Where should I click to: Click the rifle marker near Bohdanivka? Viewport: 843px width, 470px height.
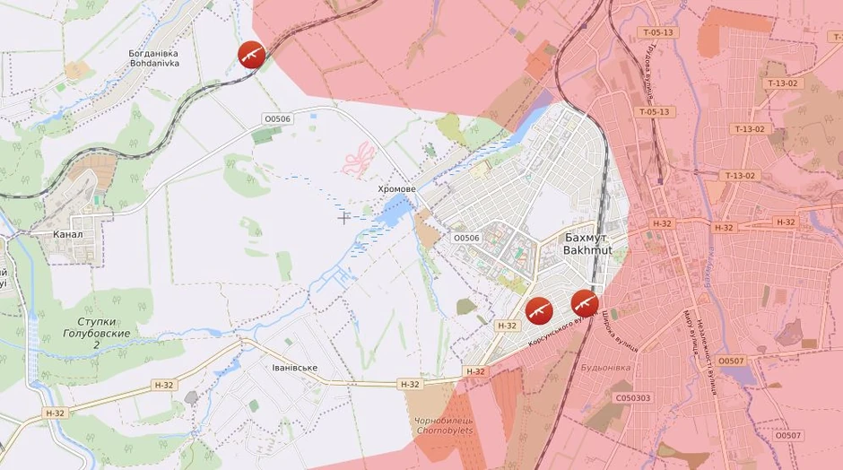251,55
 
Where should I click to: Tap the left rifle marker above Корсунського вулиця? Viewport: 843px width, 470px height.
539,309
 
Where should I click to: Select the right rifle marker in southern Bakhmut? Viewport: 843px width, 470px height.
585,303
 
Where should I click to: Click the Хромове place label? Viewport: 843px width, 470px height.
396,189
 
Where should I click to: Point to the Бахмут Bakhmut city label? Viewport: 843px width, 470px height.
588,244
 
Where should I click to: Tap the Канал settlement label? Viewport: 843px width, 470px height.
68,234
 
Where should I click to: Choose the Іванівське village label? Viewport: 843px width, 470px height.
294,368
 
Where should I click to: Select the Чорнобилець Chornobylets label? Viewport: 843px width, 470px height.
444,425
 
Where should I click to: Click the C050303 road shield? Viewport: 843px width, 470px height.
633,397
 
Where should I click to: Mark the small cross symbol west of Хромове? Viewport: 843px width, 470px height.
343,216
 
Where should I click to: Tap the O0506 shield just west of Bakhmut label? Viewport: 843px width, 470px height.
466,238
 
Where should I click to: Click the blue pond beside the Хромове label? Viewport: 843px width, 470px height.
392,213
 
